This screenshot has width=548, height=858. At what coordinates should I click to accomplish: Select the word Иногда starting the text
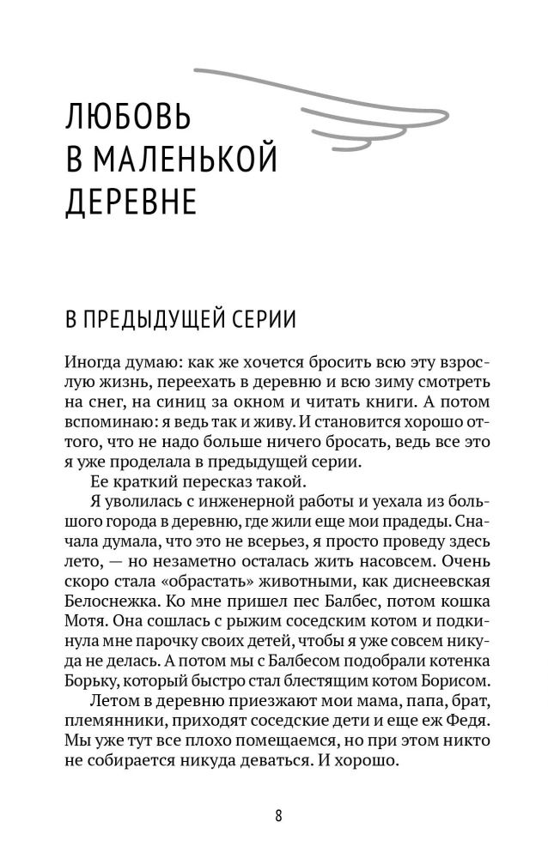click(x=92, y=363)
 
